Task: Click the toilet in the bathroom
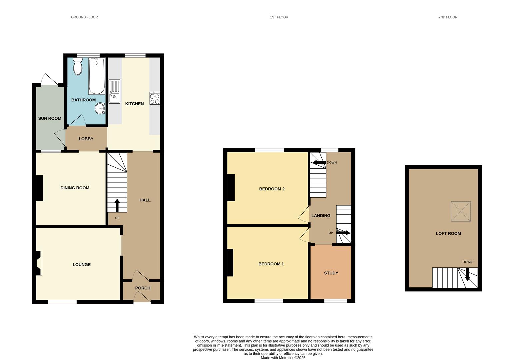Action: click(78, 66)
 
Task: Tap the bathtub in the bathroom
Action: click(97, 76)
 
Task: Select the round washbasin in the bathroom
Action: click(100, 108)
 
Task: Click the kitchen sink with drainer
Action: click(114, 91)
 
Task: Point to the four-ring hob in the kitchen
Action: click(155, 98)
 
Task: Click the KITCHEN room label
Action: click(134, 104)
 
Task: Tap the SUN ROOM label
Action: click(50, 118)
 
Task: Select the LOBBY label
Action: click(86, 139)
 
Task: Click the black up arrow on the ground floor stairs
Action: click(117, 205)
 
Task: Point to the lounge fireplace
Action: click(39, 263)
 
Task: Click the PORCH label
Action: click(143, 288)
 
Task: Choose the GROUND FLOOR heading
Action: click(84, 17)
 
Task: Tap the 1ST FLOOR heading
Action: click(279, 17)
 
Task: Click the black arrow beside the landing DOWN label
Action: click(319, 163)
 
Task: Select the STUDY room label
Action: click(331, 273)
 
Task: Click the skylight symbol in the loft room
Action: click(461, 211)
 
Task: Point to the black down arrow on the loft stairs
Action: click(467, 274)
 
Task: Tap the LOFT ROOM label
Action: click(448, 234)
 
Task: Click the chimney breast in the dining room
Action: click(39, 188)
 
